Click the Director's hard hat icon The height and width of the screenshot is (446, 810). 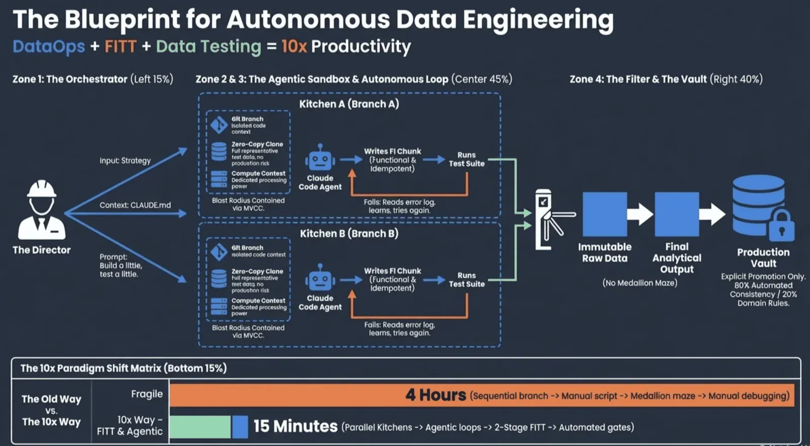tap(42, 190)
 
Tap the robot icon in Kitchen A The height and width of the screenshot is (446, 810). tap(320, 158)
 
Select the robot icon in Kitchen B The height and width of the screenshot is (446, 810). tap(320, 278)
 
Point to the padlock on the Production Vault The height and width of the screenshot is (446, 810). tap(781, 226)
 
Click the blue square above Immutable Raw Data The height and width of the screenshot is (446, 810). tap(604, 214)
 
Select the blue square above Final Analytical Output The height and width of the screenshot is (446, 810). tap(677, 214)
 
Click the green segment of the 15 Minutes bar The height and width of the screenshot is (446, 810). tap(200, 427)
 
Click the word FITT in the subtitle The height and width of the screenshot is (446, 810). tap(120, 47)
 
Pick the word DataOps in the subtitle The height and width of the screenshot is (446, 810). tap(49, 47)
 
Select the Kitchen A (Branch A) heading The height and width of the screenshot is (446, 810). tap(349, 104)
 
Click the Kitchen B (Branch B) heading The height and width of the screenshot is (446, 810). tap(349, 234)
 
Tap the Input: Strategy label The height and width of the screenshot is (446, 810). tap(125, 161)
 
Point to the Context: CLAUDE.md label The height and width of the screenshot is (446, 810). tap(135, 205)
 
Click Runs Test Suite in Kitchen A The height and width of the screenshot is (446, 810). tap(466, 159)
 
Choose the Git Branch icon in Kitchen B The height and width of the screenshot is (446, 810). tap(219, 251)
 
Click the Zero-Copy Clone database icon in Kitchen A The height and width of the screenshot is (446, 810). tap(219, 152)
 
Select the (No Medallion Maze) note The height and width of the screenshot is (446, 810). tap(640, 283)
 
